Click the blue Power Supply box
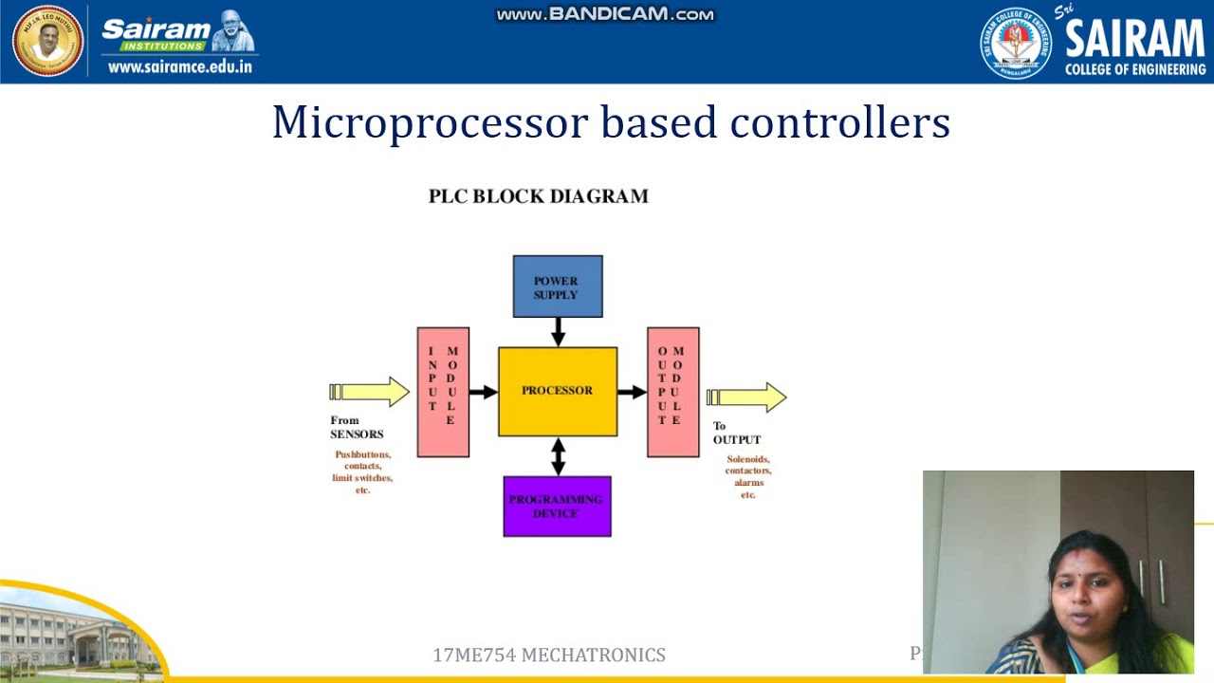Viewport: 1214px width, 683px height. click(557, 286)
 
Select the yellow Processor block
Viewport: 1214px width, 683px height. click(557, 391)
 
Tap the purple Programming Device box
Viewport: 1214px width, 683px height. click(557, 507)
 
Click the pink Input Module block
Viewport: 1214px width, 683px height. click(443, 392)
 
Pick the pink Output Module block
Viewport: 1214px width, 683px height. click(672, 392)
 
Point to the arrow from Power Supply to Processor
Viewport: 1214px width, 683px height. click(558, 332)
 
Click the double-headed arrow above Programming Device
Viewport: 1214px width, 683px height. click(558, 456)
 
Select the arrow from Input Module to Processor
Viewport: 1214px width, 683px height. click(484, 392)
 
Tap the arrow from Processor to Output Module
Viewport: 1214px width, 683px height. click(633, 392)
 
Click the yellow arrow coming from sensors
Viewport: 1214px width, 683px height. click(370, 392)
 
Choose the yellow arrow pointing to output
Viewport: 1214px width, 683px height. click(747, 397)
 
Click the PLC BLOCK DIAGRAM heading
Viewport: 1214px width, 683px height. click(538, 196)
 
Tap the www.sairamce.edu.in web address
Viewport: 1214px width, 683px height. click(180, 66)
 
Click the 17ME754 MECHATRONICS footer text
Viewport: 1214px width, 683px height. click(548, 655)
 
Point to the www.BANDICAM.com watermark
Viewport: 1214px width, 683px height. click(605, 14)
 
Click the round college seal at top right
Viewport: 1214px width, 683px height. click(1016, 43)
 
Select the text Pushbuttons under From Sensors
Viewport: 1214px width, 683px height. click(362, 454)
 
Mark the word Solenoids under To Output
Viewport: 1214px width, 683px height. click(748, 459)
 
